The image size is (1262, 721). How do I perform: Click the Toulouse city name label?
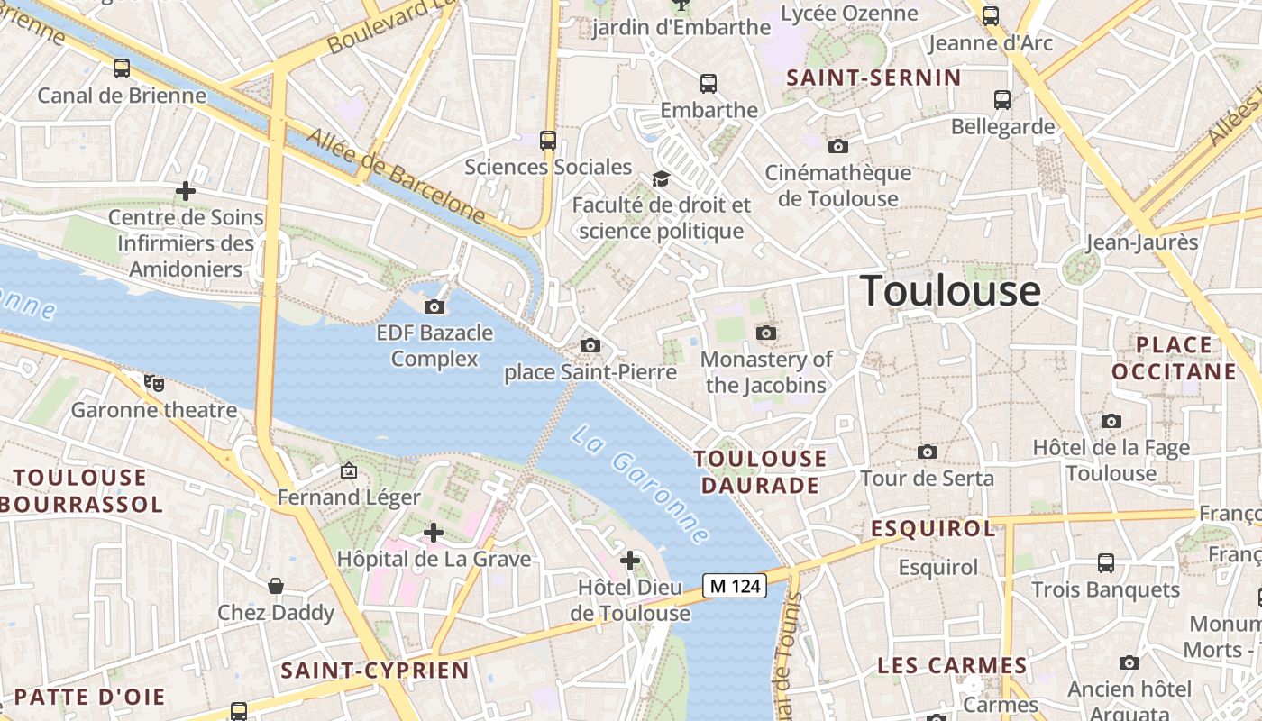(x=950, y=291)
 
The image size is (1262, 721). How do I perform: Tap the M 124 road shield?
(x=734, y=586)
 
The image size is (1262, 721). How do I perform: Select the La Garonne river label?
(x=639, y=483)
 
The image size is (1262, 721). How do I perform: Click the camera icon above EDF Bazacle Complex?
(x=434, y=306)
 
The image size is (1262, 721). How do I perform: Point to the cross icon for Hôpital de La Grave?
(x=434, y=533)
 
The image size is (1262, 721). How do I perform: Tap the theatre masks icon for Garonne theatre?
(x=154, y=383)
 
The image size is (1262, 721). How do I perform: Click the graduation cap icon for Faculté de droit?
(x=661, y=178)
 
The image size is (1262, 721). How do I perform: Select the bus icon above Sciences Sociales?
(x=548, y=140)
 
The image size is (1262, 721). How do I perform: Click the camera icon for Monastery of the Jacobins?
(x=766, y=333)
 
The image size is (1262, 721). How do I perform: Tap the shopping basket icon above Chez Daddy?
(x=276, y=586)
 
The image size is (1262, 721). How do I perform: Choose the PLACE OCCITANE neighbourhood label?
(x=1174, y=358)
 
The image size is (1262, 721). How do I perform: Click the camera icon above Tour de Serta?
(x=927, y=452)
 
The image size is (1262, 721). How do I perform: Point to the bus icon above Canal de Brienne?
(x=122, y=68)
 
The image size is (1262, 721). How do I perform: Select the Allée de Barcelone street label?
(x=396, y=177)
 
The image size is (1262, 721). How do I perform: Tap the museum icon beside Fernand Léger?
(x=349, y=470)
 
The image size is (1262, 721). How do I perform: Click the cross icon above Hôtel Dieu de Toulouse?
(x=630, y=561)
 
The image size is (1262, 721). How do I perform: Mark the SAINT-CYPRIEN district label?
(x=375, y=671)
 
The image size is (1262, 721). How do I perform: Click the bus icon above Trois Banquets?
(x=1106, y=563)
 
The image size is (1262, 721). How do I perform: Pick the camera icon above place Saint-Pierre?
(x=590, y=345)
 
